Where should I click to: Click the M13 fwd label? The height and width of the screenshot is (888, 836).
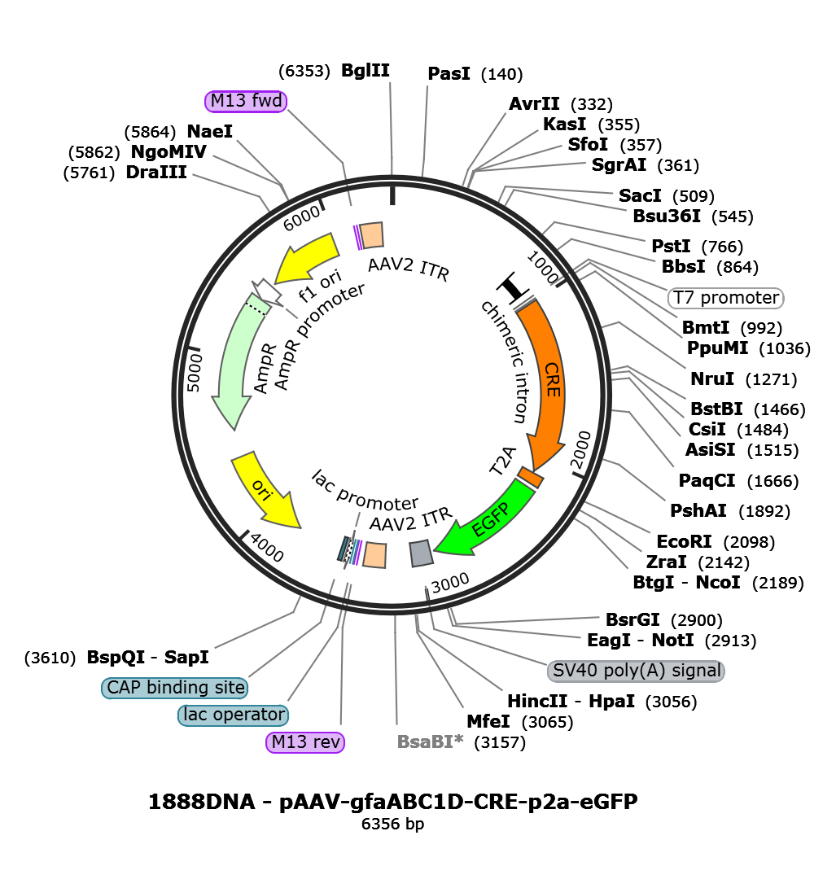tap(246, 101)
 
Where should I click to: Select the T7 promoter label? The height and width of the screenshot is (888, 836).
tap(725, 298)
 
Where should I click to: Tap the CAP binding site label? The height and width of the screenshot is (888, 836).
tap(175, 688)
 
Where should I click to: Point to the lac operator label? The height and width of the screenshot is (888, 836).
tap(234, 715)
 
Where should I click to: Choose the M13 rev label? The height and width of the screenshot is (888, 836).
tap(305, 742)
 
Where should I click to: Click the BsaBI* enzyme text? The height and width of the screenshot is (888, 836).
tap(430, 741)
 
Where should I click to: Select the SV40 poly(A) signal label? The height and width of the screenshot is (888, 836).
tap(636, 671)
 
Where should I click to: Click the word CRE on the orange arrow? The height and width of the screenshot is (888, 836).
tap(552, 379)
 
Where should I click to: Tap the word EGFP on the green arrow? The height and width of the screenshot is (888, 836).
tap(491, 520)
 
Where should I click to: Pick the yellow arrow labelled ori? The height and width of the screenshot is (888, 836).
tap(262, 488)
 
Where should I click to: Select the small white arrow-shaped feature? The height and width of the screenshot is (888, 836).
tap(267, 291)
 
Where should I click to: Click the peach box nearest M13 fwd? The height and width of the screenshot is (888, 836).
tap(372, 235)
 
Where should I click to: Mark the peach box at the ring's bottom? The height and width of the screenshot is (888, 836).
tap(374, 555)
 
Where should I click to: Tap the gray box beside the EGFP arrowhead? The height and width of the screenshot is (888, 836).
tap(420, 553)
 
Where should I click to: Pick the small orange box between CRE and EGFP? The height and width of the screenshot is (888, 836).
tap(531, 478)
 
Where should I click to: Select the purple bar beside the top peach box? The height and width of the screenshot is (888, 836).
tap(358, 238)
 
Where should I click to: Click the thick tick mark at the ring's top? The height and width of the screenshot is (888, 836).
tap(392, 195)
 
